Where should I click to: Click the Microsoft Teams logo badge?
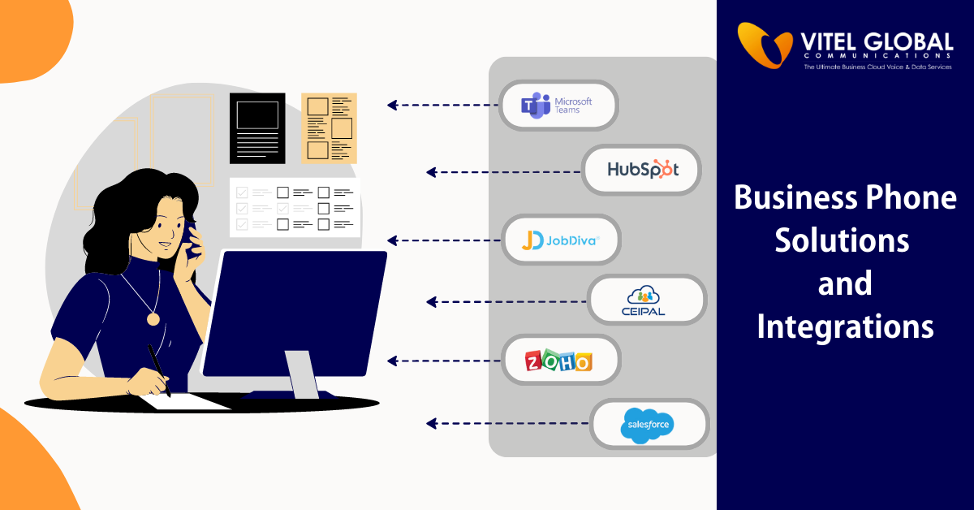(558, 105)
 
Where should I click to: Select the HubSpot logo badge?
(642, 170)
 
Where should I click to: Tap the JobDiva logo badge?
(561, 240)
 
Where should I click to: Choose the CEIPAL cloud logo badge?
(647, 301)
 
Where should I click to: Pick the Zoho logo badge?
(560, 360)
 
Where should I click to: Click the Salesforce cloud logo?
(648, 425)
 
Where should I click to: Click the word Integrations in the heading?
(845, 326)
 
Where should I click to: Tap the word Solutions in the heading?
(841, 241)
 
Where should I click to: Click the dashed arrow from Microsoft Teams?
(442, 105)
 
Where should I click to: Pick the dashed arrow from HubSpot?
(503, 172)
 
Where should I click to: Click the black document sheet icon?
(257, 127)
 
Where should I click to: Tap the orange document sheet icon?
(329, 127)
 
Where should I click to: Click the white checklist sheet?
(294, 207)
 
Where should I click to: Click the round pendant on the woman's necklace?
(153, 319)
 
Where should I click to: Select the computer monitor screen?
(294, 313)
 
